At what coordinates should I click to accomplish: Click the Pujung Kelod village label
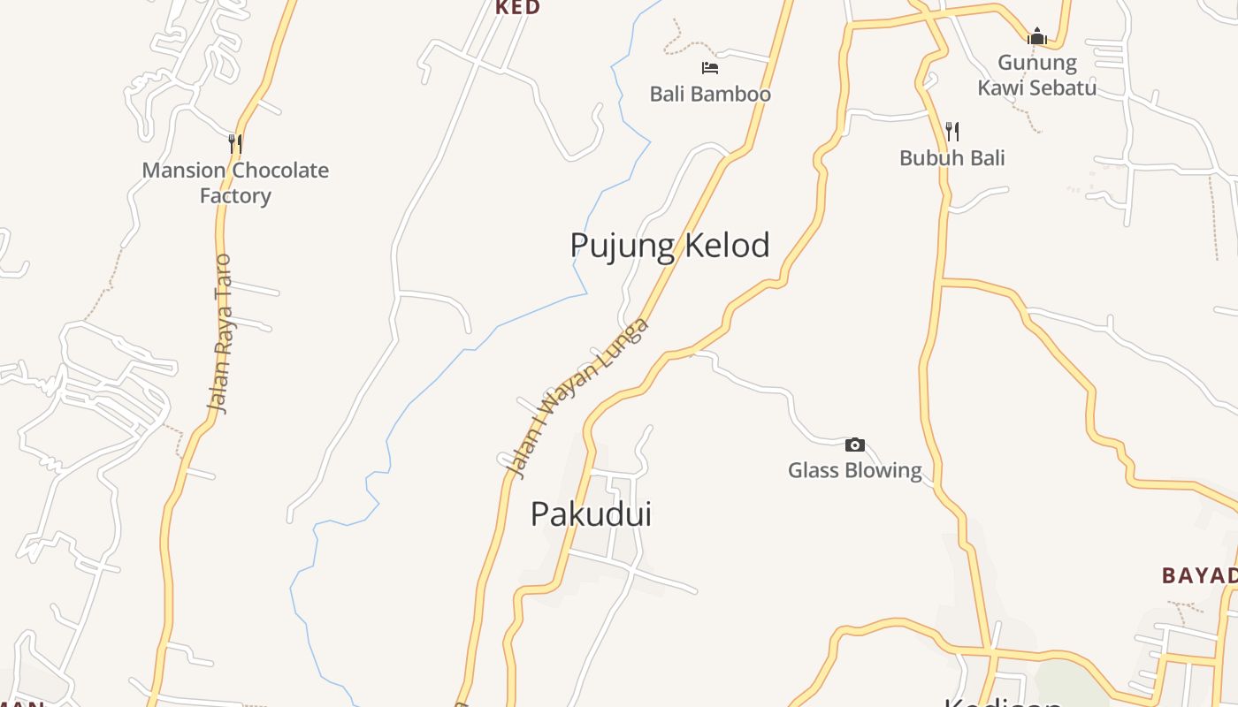pos(669,246)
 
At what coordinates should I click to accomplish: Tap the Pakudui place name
pos(591,513)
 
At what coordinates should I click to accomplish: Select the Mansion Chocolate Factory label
pos(235,182)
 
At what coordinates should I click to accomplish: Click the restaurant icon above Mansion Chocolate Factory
pos(235,143)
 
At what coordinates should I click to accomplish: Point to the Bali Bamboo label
pos(710,94)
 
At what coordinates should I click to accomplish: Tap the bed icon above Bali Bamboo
pos(709,67)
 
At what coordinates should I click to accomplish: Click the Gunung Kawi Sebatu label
pos(1037,75)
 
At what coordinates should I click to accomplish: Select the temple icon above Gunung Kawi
pos(1036,36)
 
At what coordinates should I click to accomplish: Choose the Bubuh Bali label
pos(952,158)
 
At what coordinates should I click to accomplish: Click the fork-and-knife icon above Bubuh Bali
pos(952,132)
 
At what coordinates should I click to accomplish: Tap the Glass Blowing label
pos(854,470)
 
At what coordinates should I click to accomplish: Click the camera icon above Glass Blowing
pos(854,445)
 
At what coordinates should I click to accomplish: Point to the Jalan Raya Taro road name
pos(221,334)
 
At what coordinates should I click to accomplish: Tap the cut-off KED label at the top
pos(517,8)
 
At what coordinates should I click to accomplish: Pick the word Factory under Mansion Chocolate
pos(235,195)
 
